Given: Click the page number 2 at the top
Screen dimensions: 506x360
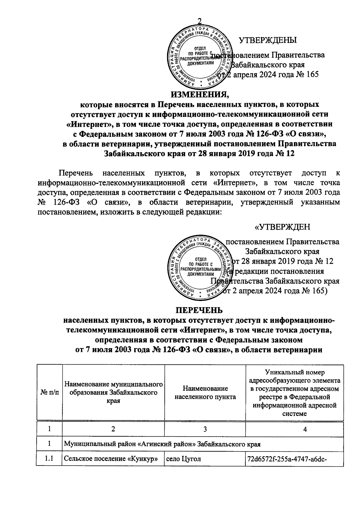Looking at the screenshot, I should click(x=199, y=21).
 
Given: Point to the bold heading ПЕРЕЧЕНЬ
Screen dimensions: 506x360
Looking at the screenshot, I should click(x=199, y=310).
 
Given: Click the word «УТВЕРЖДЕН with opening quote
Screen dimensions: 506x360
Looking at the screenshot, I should click(x=282, y=227).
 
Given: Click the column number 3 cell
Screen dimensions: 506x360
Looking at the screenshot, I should click(x=205, y=429).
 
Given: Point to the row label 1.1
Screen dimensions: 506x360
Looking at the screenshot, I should click(x=49, y=459).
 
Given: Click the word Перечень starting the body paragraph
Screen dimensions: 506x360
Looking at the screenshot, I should click(x=76, y=173).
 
